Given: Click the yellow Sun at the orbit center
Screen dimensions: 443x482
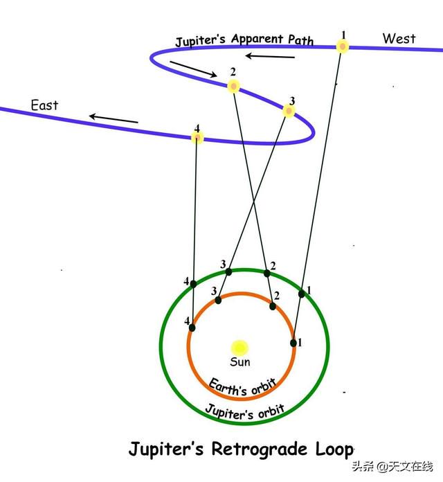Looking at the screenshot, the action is (x=239, y=348).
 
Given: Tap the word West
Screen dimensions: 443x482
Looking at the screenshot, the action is (x=399, y=39).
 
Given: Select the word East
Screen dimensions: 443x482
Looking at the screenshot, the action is (x=44, y=105).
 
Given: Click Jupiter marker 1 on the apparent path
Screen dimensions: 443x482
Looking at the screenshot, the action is (x=343, y=46).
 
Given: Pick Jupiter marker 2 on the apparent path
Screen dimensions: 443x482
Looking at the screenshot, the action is (x=233, y=86).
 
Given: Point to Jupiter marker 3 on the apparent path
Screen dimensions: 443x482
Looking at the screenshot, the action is (x=289, y=111).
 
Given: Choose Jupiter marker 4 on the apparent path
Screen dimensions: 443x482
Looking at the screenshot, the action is (x=197, y=137).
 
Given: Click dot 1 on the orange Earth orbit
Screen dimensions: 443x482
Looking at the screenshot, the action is (x=293, y=343).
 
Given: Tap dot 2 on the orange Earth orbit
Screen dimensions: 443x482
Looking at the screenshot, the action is (x=273, y=306).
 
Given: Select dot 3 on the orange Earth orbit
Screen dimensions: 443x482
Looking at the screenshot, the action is (x=218, y=300).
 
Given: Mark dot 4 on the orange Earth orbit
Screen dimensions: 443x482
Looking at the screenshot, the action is (x=192, y=328).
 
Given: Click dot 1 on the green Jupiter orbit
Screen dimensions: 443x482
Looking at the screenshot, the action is (x=302, y=294).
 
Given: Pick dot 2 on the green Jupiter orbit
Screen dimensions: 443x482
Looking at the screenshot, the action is (x=267, y=273).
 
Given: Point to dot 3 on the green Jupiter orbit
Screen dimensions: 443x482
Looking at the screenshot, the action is (x=228, y=271).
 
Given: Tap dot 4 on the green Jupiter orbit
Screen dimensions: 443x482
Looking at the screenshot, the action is (x=193, y=284).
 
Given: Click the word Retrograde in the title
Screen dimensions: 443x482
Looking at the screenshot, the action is (x=260, y=449).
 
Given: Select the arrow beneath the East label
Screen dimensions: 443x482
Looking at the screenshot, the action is (x=114, y=119).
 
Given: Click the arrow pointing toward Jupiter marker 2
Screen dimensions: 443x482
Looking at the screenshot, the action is (x=194, y=69).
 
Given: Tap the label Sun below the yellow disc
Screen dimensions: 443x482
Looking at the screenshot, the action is (x=240, y=361).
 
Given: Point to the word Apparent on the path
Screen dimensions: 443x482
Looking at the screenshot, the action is (x=257, y=39).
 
